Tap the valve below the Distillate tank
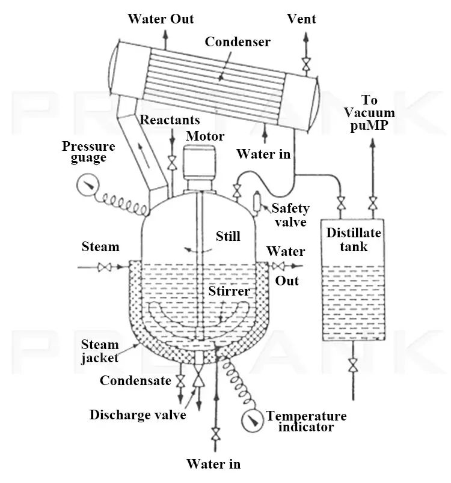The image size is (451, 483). pyautogui.click(x=353, y=365)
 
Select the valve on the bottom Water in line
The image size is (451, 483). pyautogui.click(x=215, y=433)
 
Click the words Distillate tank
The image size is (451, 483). pyautogui.click(x=353, y=239)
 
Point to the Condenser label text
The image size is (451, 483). pyautogui.click(x=238, y=42)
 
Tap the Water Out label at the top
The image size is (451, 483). pyautogui.click(x=161, y=19)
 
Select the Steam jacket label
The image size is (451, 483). pyautogui.click(x=100, y=351)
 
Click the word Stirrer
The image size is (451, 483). pyautogui.click(x=229, y=291)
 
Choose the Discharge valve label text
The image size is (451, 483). pyautogui.click(x=138, y=415)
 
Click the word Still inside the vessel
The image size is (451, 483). pyautogui.click(x=228, y=236)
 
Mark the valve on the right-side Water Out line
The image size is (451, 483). pyautogui.click(x=278, y=267)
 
